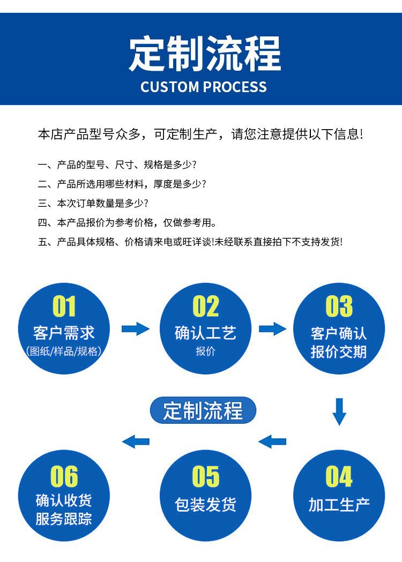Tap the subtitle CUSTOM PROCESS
[203, 87]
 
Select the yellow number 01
[64, 307]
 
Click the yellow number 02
[206, 307]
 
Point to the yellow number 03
[339, 307]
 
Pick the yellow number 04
[339, 476]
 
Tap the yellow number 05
[206, 476]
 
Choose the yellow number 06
[64, 476]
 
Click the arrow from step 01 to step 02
[135, 328]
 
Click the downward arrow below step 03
[339, 411]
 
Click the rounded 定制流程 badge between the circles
[203, 411]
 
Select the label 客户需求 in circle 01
[64, 333]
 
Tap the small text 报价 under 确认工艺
[205, 352]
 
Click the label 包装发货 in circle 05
[206, 504]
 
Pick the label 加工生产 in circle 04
[339, 504]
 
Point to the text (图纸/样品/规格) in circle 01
[64, 351]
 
